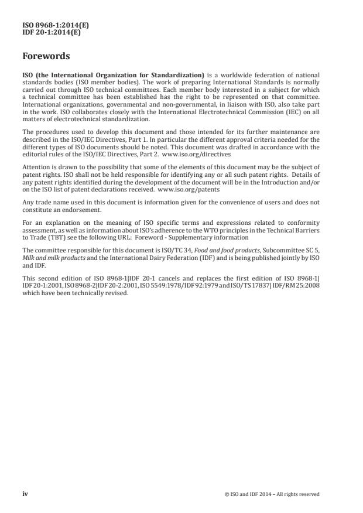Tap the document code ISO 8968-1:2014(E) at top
click(x=52, y=26)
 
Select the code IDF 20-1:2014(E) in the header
click(x=52, y=33)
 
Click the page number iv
click(x=25, y=494)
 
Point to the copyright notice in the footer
click(x=272, y=494)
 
